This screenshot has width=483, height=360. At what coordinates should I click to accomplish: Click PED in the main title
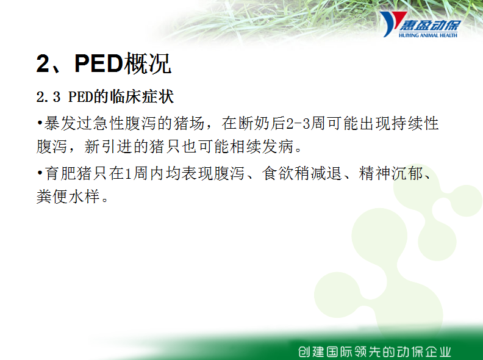click(x=99, y=64)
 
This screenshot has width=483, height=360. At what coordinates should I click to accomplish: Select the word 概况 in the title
click(x=147, y=64)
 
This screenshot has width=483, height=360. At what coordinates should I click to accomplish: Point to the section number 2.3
click(x=48, y=97)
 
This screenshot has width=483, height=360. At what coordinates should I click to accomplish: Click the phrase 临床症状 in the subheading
click(x=141, y=97)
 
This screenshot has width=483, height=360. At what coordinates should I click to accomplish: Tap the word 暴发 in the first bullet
click(x=60, y=123)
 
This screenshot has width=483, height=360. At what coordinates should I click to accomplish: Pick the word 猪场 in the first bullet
click(x=189, y=123)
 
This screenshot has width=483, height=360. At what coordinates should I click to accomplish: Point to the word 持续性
click(x=415, y=123)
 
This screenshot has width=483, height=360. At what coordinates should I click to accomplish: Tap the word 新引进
click(x=108, y=146)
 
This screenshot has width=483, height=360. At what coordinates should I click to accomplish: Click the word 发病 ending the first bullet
click(x=277, y=146)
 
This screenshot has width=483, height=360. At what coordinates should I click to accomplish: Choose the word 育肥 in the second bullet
click(x=60, y=173)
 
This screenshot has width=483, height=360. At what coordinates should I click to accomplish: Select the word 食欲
click(x=278, y=173)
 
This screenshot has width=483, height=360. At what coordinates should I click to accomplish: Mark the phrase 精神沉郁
click(x=390, y=173)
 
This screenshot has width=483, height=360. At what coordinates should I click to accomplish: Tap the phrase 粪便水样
click(x=68, y=196)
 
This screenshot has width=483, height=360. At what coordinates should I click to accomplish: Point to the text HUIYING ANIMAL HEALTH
click(x=428, y=35)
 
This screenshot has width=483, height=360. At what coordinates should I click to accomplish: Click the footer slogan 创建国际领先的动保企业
click(x=374, y=351)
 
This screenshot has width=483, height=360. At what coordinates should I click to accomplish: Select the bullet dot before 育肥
click(x=40, y=173)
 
